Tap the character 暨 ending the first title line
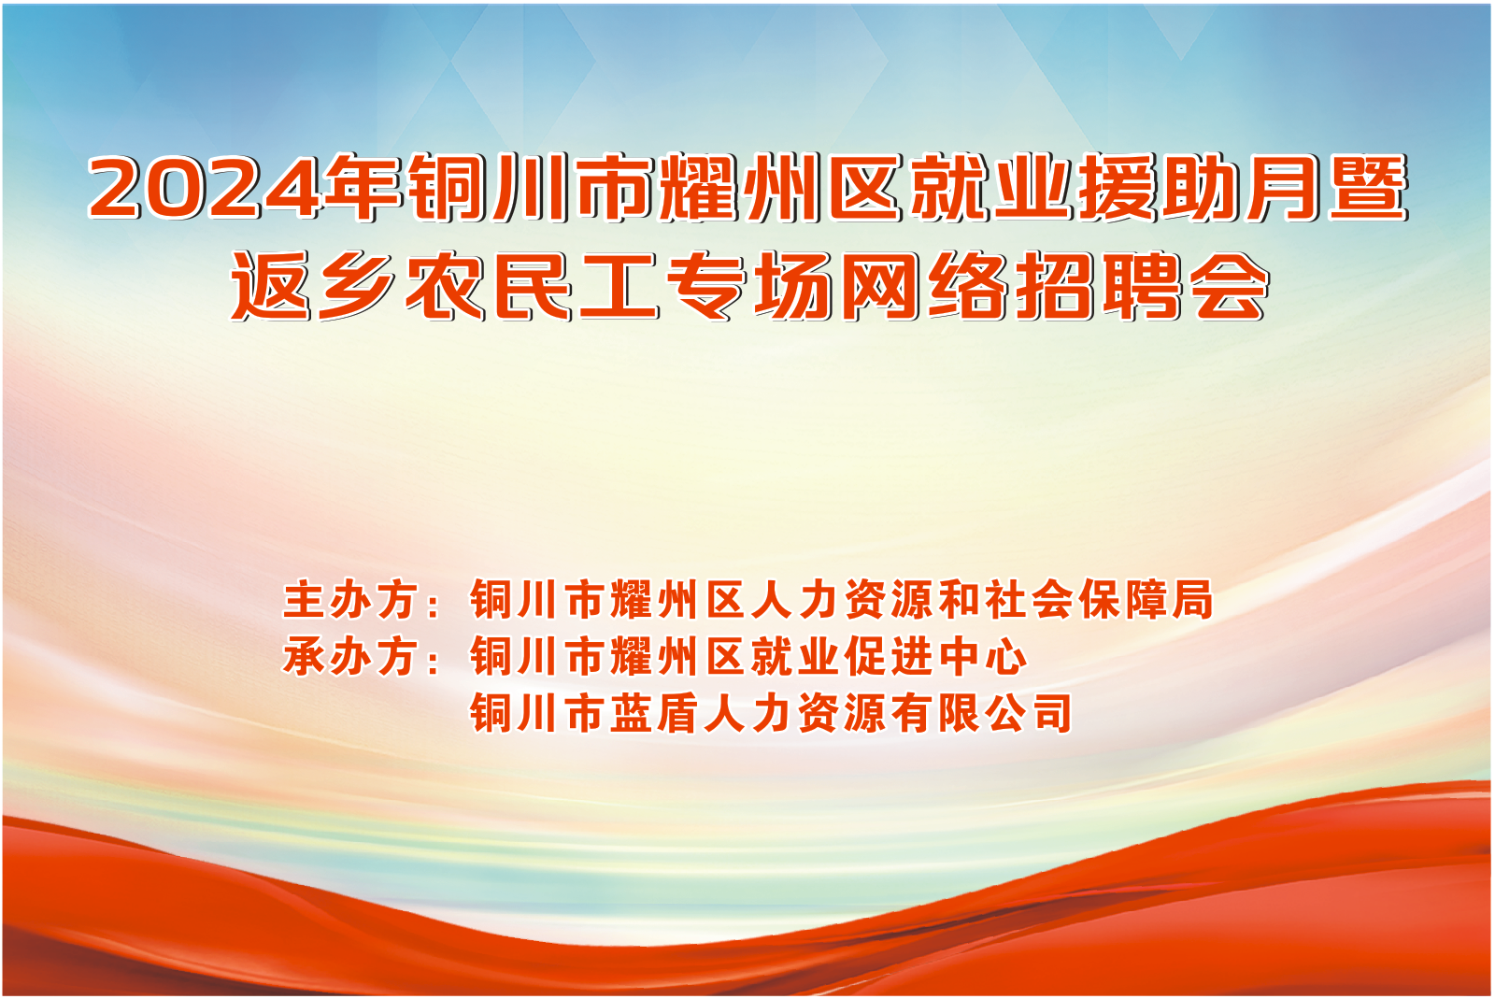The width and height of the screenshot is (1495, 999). [x=1367, y=187]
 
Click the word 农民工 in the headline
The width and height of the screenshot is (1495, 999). [x=532, y=286]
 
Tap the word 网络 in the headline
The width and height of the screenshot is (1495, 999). [x=924, y=286]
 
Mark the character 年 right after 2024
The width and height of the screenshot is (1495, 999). [x=361, y=187]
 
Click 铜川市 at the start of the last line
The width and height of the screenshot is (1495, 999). [x=537, y=713]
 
